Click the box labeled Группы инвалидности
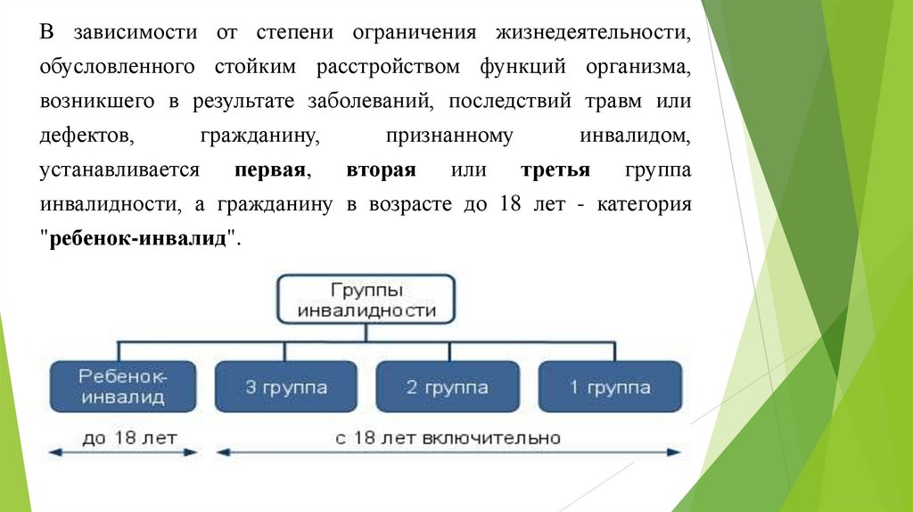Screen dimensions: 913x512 (x=366, y=300)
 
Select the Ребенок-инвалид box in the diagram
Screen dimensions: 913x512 (x=123, y=386)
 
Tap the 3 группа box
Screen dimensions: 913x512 (x=286, y=387)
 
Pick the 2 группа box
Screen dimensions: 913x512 (x=448, y=387)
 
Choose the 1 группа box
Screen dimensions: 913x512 (x=611, y=387)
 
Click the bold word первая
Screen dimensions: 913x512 (x=273, y=170)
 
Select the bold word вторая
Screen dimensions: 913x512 (x=382, y=170)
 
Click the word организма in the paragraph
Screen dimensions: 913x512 (x=638, y=67)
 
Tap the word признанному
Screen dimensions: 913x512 (x=449, y=136)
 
